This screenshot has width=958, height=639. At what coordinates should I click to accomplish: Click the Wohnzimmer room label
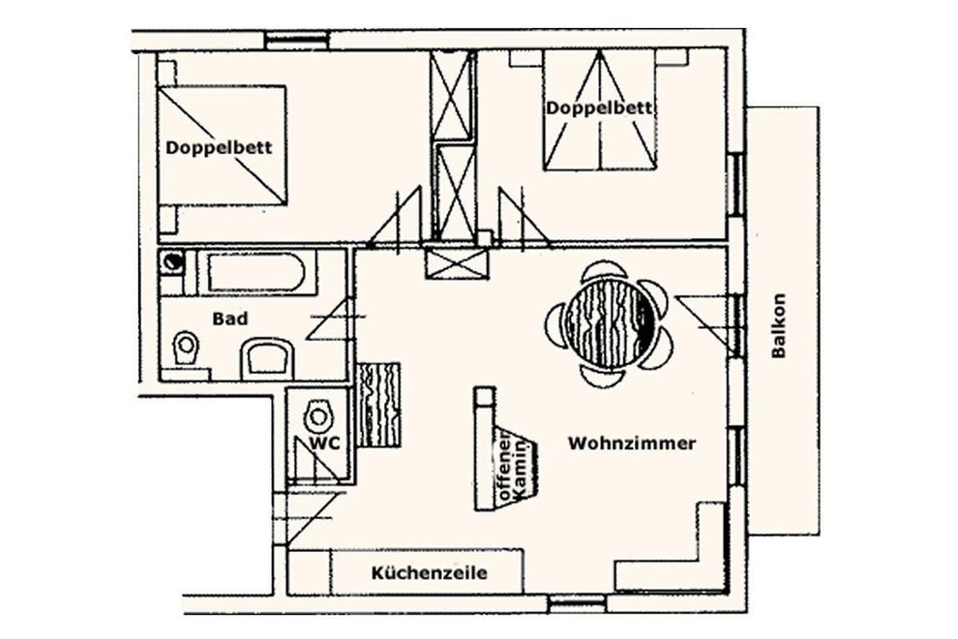[632, 442]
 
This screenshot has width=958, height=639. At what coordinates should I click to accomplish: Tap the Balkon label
[778, 325]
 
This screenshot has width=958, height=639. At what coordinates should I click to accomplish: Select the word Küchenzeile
[430, 573]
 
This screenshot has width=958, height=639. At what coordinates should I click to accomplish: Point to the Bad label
[230, 319]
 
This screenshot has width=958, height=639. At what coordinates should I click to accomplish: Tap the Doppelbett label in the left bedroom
[220, 147]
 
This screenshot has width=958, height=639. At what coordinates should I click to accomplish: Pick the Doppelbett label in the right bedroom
[599, 108]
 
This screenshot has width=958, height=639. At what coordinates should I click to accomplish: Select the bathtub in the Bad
[256, 273]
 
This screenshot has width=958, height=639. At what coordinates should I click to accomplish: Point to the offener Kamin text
[513, 466]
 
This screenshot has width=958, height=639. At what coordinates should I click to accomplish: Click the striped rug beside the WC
[378, 405]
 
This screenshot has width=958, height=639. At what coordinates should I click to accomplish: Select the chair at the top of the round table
[603, 272]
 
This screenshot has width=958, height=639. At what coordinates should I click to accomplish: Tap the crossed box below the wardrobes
[458, 262]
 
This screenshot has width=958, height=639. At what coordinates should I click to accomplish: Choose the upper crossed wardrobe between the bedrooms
[453, 97]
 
